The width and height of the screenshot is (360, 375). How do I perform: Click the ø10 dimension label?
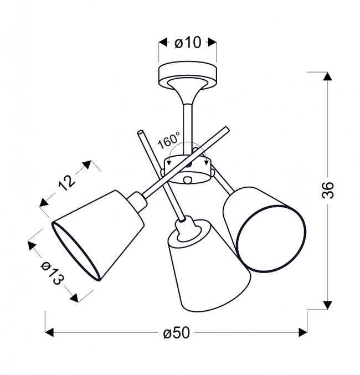[x=188, y=43]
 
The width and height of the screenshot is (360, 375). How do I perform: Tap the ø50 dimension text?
[x=177, y=333]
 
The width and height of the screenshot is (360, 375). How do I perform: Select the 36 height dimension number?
[x=327, y=190]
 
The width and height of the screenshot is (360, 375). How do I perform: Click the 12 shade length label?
[x=66, y=183]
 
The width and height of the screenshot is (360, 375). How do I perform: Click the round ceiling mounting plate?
[x=188, y=75]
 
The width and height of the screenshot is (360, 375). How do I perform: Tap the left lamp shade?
[x=98, y=235]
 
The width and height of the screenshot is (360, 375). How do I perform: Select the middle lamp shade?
[x=209, y=265]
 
